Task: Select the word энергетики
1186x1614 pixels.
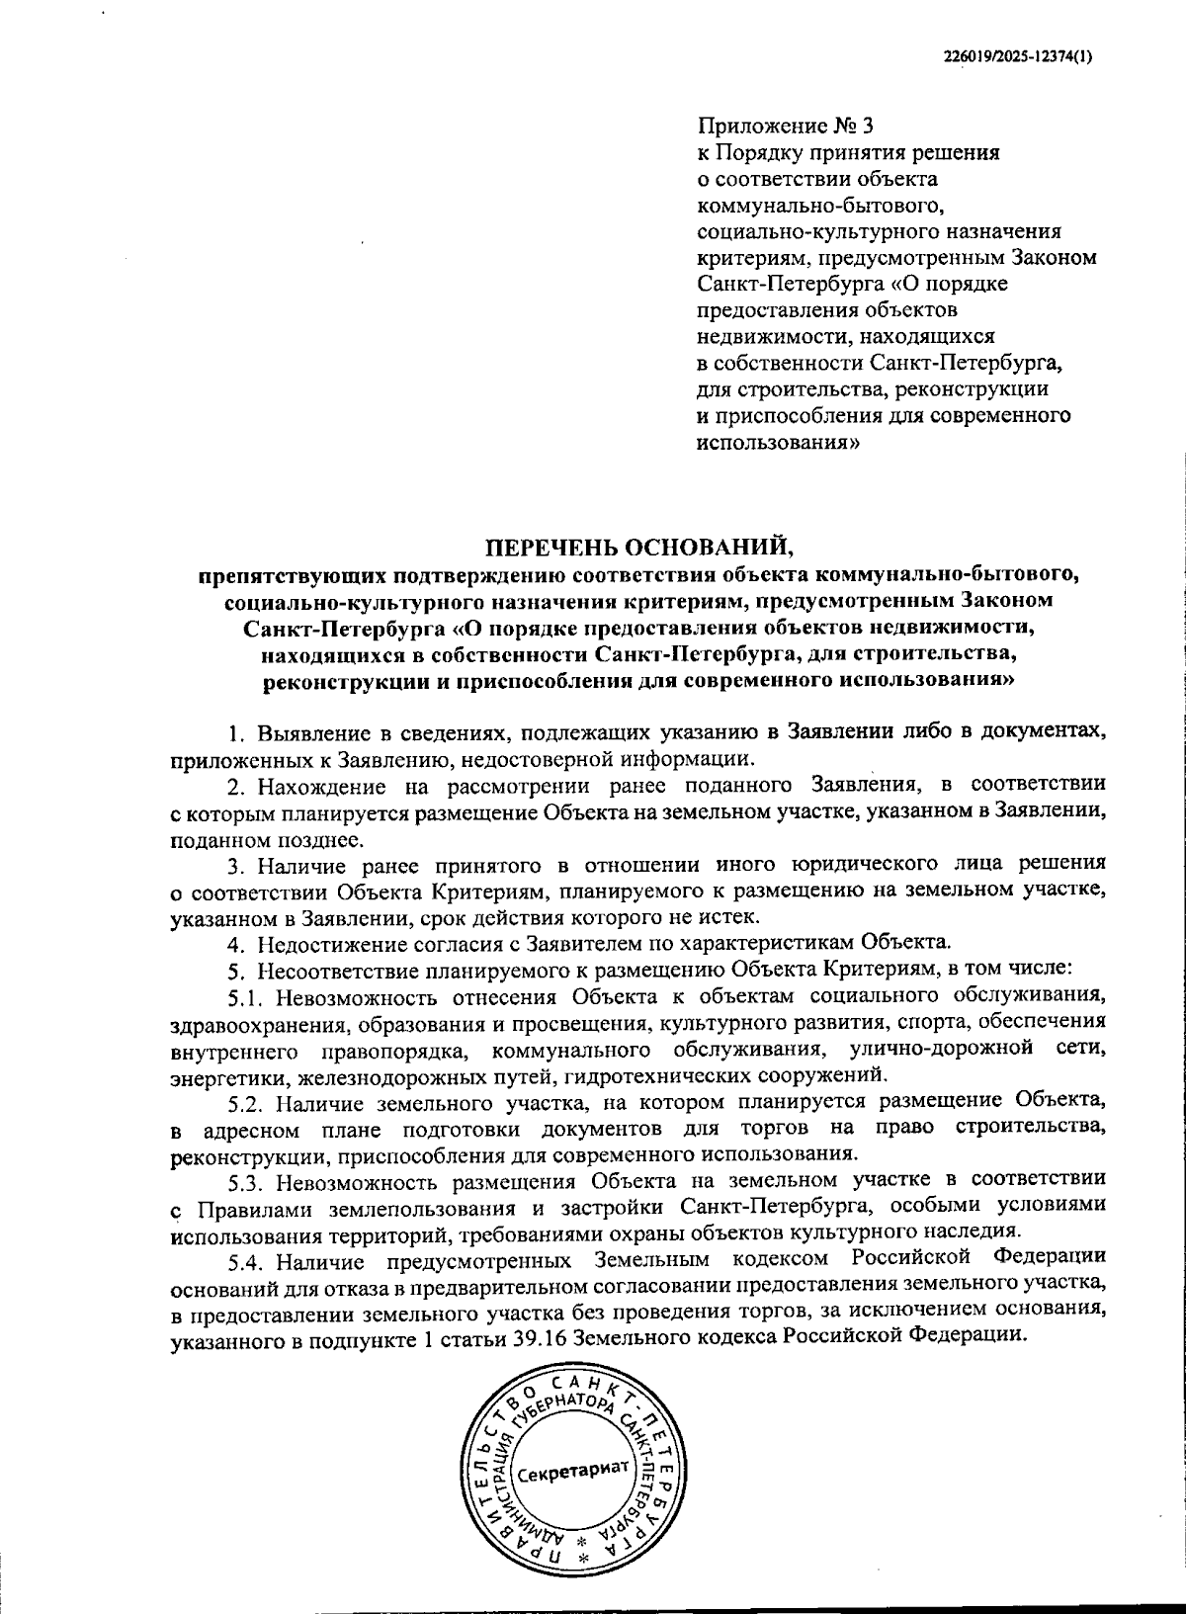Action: tap(218, 1074)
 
